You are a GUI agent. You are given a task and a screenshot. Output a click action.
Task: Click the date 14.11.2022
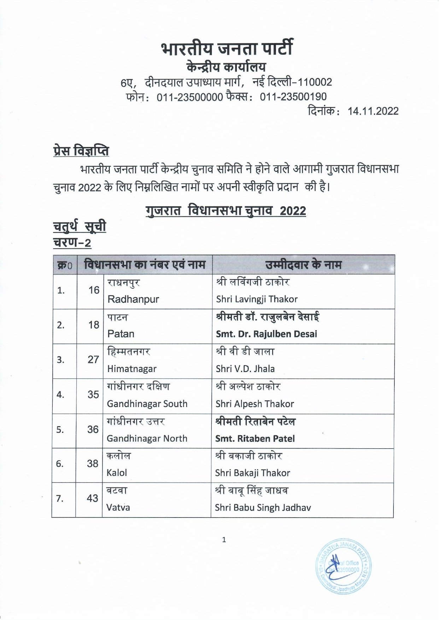[373, 111]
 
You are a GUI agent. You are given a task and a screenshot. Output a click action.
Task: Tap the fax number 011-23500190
[293, 97]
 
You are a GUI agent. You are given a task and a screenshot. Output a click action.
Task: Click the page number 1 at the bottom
[224, 539]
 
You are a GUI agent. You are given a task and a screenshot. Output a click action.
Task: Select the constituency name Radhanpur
[133, 299]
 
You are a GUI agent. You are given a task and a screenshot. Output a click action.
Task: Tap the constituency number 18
[94, 325]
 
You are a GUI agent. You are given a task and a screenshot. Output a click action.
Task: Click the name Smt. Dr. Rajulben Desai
[267, 334]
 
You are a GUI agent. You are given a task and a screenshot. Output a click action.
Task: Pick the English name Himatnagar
[131, 369]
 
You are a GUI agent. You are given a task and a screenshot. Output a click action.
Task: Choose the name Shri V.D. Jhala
[245, 369]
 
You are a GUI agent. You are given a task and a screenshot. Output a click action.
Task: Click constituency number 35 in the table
[93, 394]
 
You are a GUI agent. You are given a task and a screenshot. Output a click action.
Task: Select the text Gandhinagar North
[147, 438]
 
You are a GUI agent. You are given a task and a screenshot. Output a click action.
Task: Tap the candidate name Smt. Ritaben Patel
[255, 438]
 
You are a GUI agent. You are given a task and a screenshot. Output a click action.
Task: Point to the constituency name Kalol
[117, 473]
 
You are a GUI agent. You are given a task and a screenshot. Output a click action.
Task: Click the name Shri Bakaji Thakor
[252, 473]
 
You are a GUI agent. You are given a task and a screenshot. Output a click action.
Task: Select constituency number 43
[93, 498]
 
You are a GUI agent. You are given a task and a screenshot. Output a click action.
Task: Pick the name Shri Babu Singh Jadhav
[263, 508]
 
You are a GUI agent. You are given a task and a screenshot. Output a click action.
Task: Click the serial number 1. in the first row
[61, 290]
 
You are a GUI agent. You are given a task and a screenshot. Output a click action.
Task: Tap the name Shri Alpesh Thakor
[254, 404]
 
